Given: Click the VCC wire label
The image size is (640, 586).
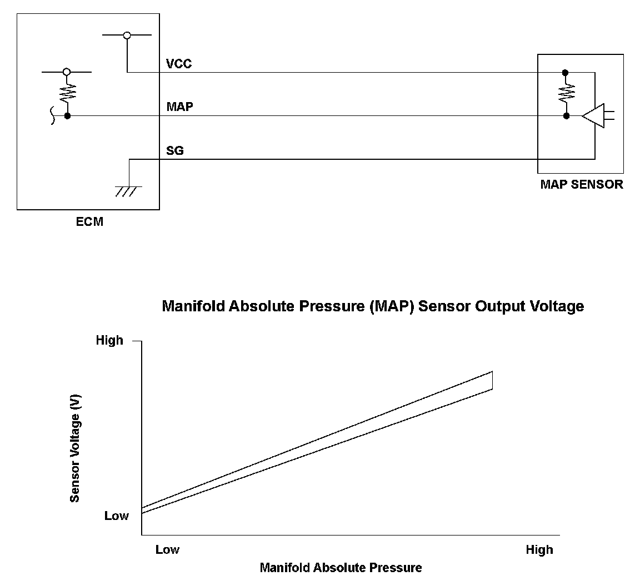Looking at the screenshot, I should click(x=179, y=64).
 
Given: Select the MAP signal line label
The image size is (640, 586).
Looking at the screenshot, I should click(x=180, y=106).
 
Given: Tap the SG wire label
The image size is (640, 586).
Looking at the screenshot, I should click(x=175, y=150).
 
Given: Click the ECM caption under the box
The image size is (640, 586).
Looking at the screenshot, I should click(x=89, y=223).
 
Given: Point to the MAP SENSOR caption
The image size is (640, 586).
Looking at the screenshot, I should click(x=581, y=184).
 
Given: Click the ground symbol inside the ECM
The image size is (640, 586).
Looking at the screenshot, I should click(x=128, y=191).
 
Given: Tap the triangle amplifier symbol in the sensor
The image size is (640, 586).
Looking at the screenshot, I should click(x=593, y=116).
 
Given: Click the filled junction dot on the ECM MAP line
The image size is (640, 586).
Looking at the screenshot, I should click(x=67, y=116).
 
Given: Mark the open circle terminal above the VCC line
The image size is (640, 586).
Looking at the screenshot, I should click(x=127, y=36).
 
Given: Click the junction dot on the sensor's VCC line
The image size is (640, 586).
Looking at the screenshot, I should click(x=566, y=73).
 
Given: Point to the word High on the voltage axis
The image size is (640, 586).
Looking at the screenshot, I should click(x=109, y=340).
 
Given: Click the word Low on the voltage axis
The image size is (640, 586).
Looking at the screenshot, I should click(x=117, y=516).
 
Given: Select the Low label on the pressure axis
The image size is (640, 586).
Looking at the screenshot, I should click(x=167, y=549).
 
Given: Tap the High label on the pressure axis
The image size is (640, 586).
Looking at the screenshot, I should click(x=539, y=549).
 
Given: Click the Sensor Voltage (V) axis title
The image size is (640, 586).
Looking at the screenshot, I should click(x=76, y=448).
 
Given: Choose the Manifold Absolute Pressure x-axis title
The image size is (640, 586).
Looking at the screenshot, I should click(x=341, y=568).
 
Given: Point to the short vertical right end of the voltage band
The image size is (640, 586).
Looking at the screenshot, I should click(x=492, y=380).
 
